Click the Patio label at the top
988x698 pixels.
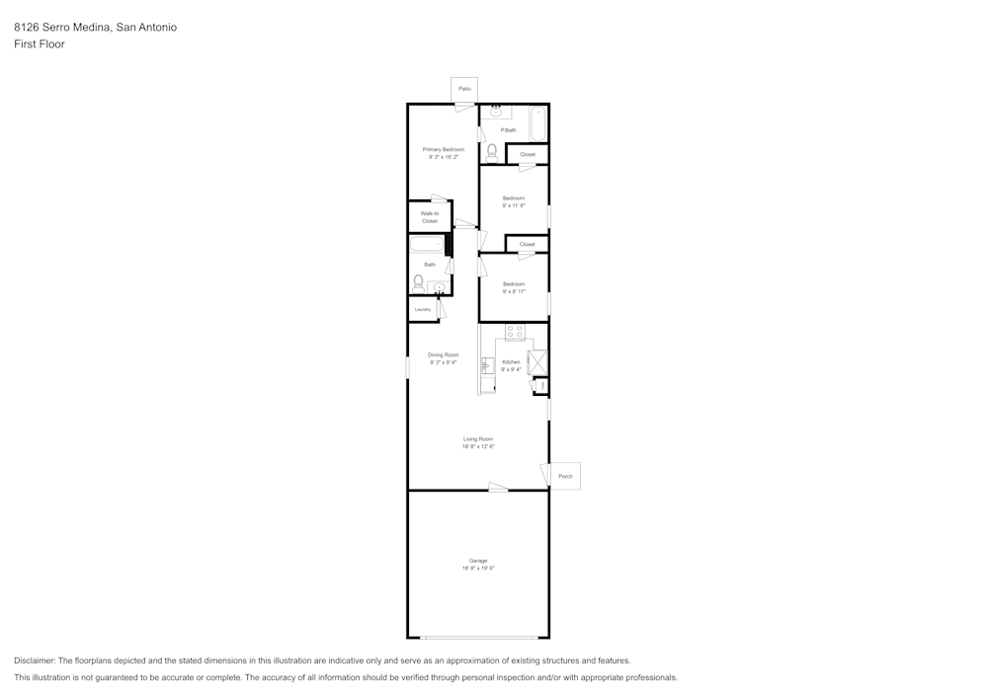[x=464, y=89]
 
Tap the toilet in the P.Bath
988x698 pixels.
[x=491, y=153]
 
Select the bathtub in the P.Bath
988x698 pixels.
[x=537, y=124]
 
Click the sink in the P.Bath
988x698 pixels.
[x=496, y=112]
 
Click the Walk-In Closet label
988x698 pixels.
[x=429, y=217]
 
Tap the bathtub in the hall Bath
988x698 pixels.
[x=427, y=245]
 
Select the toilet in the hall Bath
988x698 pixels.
[x=419, y=282]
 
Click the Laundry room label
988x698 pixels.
[x=423, y=310]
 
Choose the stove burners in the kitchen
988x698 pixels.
[x=515, y=333]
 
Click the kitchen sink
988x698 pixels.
[x=486, y=365]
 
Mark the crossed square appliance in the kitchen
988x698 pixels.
[x=538, y=362]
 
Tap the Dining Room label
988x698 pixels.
[x=443, y=354]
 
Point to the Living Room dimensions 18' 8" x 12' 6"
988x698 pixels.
[x=478, y=446]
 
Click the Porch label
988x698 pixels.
[x=565, y=476]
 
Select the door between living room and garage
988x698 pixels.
[x=498, y=487]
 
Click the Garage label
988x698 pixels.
[x=478, y=561]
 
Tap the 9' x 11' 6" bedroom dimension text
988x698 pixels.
[x=514, y=205]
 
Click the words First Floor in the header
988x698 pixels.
[x=40, y=44]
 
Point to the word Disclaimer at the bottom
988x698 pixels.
[x=35, y=660]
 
